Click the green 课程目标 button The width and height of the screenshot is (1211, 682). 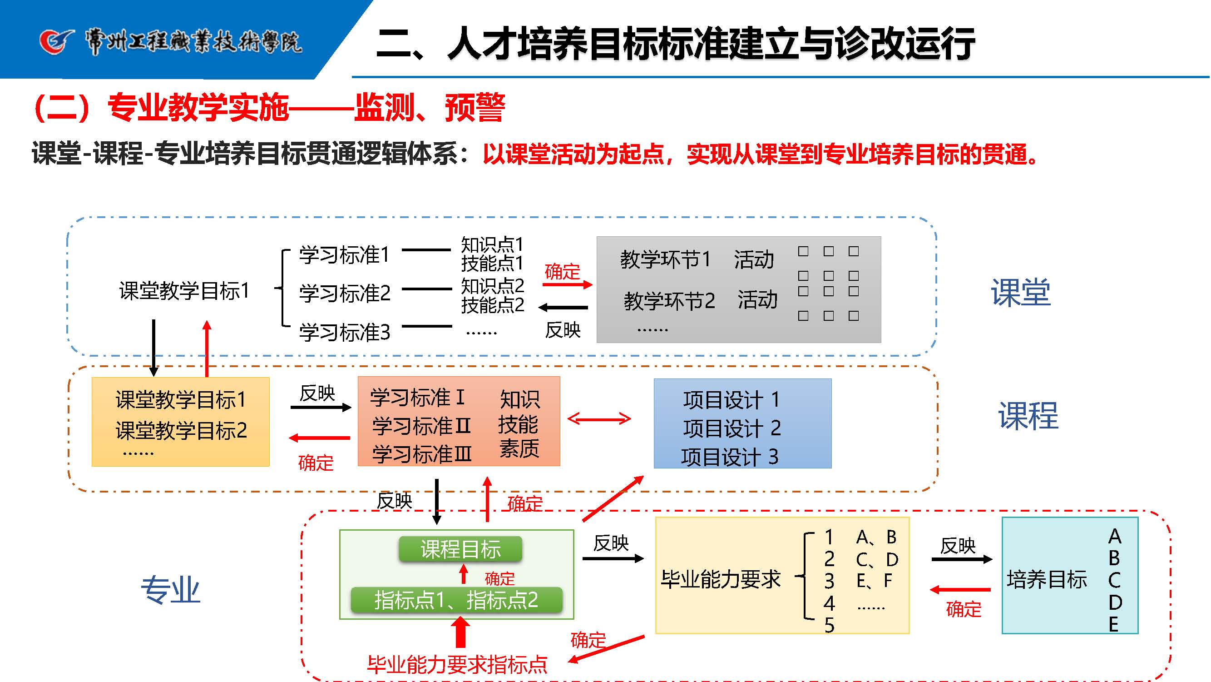coord(460,549)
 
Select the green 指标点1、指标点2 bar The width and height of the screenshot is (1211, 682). coord(456,600)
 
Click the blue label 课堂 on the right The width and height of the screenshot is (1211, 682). coord(1021,293)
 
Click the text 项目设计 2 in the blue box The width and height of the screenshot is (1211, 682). coord(732,428)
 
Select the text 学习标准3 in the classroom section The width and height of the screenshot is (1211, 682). coord(345,332)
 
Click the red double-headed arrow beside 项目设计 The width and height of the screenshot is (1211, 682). coord(599,418)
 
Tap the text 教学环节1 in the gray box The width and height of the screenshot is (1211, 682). coord(665,259)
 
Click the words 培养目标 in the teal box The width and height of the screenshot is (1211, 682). coord(1047,579)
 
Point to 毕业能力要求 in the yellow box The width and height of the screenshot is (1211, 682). coord(720,579)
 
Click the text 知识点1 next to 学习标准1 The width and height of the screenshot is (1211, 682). coord(492,244)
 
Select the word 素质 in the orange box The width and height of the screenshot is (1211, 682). coord(519,448)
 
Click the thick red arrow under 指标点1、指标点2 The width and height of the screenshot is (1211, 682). coord(461,632)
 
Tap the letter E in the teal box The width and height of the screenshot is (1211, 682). coord(1114,625)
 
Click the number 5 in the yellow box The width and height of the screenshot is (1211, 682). coord(829,626)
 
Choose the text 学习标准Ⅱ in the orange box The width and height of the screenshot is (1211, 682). coord(421,426)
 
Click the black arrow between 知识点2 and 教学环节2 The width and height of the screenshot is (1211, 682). coord(563,308)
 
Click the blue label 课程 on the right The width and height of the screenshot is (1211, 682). coord(1028,416)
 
